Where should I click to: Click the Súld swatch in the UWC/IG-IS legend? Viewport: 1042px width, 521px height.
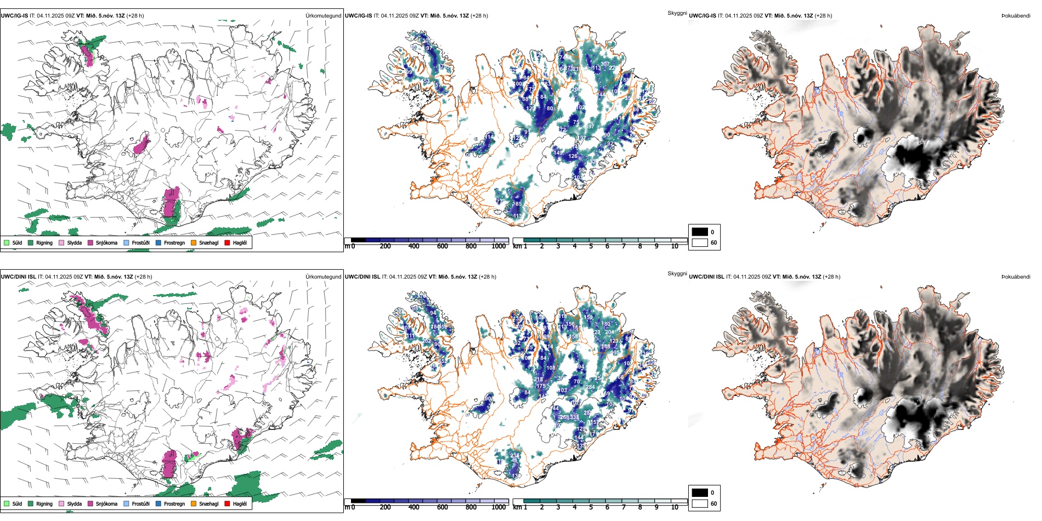(x=7, y=242)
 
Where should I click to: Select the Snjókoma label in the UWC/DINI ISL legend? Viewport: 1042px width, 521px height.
(x=106, y=503)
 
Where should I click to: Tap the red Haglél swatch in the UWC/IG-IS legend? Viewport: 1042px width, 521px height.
(x=227, y=242)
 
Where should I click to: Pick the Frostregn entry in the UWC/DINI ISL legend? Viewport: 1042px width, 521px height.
(x=174, y=503)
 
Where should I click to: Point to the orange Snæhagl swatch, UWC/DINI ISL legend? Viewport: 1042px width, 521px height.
(x=194, y=503)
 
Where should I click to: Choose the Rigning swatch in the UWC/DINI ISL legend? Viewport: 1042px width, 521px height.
(x=31, y=503)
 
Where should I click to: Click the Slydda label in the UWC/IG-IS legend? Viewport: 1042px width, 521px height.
(x=74, y=242)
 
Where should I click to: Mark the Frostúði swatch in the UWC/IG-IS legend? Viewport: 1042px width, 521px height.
(x=126, y=242)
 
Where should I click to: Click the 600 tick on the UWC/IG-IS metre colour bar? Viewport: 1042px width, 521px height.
(x=443, y=246)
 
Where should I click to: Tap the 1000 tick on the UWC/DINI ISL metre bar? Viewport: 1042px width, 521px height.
(x=499, y=507)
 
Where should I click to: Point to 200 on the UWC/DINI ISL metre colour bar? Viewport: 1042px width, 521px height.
(x=386, y=507)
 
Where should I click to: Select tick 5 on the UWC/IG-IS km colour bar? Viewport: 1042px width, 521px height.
(x=591, y=246)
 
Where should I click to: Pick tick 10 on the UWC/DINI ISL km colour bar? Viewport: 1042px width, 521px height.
(x=675, y=507)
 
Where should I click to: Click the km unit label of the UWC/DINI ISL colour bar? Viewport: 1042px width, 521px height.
(x=517, y=507)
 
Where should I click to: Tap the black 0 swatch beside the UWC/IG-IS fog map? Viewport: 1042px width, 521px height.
(x=700, y=232)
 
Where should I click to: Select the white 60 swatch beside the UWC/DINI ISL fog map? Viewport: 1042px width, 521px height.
(x=700, y=503)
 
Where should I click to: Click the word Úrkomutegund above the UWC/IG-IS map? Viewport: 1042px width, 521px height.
(x=323, y=15)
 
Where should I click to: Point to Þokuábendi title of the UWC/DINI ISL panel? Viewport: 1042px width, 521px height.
(x=1016, y=276)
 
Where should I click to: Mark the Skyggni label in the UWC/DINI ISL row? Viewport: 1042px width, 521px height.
(x=677, y=273)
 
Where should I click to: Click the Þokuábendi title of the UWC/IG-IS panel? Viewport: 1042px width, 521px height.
(x=1016, y=15)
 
